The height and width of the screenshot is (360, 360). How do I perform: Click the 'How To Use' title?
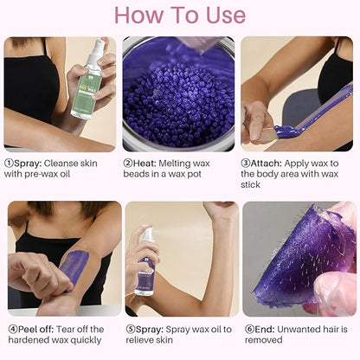point(180,15)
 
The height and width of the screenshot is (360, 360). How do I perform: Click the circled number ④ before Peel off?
point(10,329)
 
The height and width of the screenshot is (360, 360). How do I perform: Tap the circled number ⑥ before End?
point(247,329)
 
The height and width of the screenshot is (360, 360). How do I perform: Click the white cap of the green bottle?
point(98,46)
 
